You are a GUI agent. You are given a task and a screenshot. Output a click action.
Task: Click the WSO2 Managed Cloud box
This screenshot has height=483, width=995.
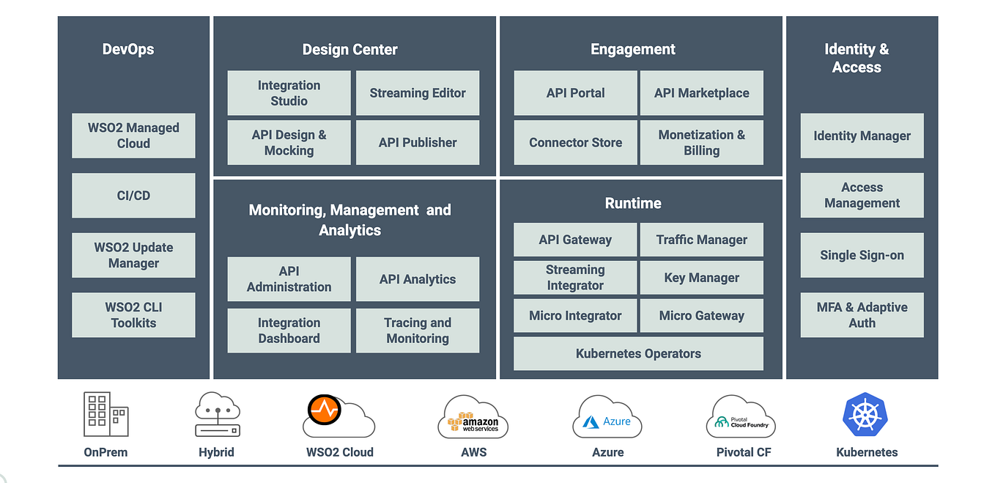click(133, 136)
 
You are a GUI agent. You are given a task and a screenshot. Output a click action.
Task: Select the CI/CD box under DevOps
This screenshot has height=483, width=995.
click(133, 196)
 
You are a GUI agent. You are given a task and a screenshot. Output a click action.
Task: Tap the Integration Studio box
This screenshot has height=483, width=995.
click(289, 93)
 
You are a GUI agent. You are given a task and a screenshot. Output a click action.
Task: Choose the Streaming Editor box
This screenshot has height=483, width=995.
click(418, 93)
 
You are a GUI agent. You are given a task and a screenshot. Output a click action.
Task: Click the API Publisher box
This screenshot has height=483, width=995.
click(418, 142)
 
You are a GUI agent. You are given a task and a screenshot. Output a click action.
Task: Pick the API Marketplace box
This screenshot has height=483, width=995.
click(701, 93)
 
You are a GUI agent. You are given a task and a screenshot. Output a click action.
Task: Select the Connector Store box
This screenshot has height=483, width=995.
click(575, 142)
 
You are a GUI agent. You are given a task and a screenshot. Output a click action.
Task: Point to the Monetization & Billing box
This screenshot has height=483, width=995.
click(701, 142)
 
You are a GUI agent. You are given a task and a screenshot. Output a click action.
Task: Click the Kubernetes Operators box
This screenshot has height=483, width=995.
click(638, 353)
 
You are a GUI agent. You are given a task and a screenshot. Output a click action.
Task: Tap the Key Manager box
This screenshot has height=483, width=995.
click(701, 278)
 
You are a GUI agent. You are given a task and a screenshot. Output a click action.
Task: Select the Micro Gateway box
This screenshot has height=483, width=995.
click(701, 316)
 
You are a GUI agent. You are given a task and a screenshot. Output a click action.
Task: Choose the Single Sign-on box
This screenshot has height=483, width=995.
click(862, 255)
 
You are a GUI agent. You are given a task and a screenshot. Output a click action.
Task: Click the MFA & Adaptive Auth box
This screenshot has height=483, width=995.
click(862, 315)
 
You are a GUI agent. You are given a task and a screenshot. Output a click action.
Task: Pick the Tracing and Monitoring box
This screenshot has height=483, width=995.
click(418, 331)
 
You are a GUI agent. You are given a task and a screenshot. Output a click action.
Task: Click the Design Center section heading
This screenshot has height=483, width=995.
click(349, 50)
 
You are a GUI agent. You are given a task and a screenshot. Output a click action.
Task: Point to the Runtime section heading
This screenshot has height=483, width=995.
click(633, 203)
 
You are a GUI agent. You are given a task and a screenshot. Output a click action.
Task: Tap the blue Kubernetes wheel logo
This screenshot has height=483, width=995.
click(866, 416)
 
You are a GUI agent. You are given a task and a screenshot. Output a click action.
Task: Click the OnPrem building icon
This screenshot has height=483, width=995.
click(106, 414)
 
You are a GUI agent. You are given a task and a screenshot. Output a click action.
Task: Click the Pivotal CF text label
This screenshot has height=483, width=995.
click(743, 452)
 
